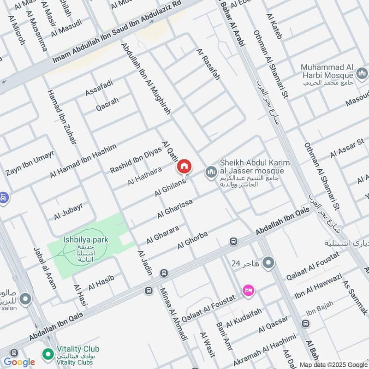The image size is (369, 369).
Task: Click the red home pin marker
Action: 184,167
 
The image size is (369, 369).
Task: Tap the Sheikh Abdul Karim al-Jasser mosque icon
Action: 211,172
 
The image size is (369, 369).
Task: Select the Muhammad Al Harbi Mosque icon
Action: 362,73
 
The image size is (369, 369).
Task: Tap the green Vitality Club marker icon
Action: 47,354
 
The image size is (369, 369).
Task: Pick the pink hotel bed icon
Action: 248,291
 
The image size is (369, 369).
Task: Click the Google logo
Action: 19,362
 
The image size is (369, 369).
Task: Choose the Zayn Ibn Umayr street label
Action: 30,163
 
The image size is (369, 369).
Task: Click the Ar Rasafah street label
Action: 208,64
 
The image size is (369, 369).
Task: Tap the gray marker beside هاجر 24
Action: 268,263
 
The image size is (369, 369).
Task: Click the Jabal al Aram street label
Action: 45,268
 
